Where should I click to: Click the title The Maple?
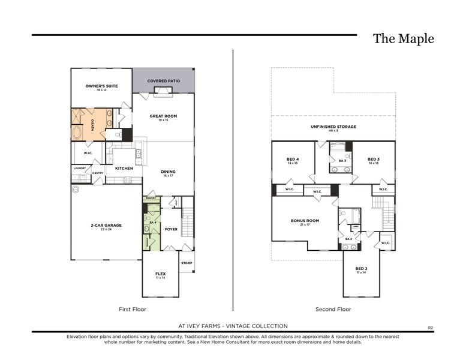click(x=403, y=39)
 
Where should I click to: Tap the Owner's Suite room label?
click(x=101, y=86)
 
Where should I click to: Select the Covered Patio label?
click(x=164, y=80)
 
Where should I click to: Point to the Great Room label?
click(x=163, y=116)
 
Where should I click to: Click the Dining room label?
click(x=168, y=172)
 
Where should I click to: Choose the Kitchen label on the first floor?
click(x=124, y=169)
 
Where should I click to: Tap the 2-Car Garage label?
click(x=106, y=226)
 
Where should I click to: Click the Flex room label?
click(x=160, y=274)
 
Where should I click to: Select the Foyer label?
click(x=171, y=229)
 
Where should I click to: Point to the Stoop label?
click(x=187, y=262)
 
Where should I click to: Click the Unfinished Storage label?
click(x=333, y=127)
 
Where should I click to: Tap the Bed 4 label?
click(x=292, y=160)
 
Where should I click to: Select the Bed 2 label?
click(x=361, y=269)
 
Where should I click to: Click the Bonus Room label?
click(x=305, y=221)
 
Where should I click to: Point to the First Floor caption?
click(x=133, y=310)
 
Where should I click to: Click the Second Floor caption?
click(x=333, y=310)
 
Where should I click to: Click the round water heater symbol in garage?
click(x=76, y=189)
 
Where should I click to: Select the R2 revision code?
click(x=430, y=327)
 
